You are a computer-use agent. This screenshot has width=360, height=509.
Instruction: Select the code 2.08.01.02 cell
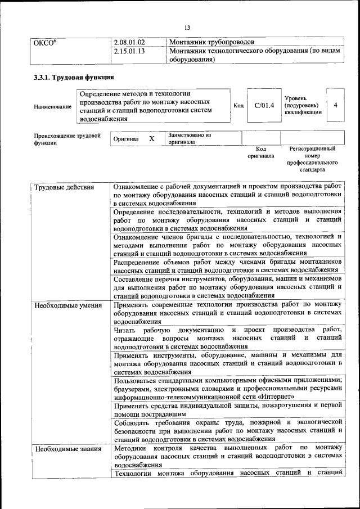point(129,42)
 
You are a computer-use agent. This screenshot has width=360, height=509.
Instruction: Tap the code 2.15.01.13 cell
point(129,52)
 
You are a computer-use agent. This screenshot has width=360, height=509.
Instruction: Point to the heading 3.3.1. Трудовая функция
point(74,77)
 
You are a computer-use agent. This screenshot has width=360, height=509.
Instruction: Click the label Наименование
point(52,107)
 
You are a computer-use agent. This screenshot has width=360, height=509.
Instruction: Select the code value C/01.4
point(264,105)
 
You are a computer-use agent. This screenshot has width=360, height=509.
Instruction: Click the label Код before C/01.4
point(238,105)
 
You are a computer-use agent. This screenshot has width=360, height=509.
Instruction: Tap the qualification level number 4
point(335,105)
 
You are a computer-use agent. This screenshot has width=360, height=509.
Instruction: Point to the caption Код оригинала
point(260,152)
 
